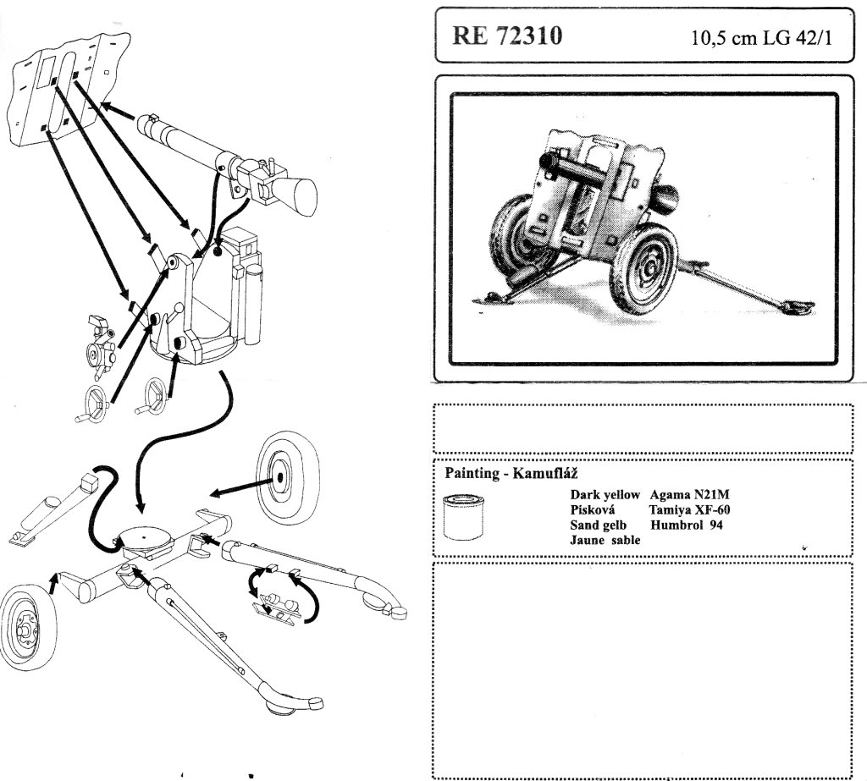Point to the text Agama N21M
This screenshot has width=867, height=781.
pyautogui.click(x=682, y=495)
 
